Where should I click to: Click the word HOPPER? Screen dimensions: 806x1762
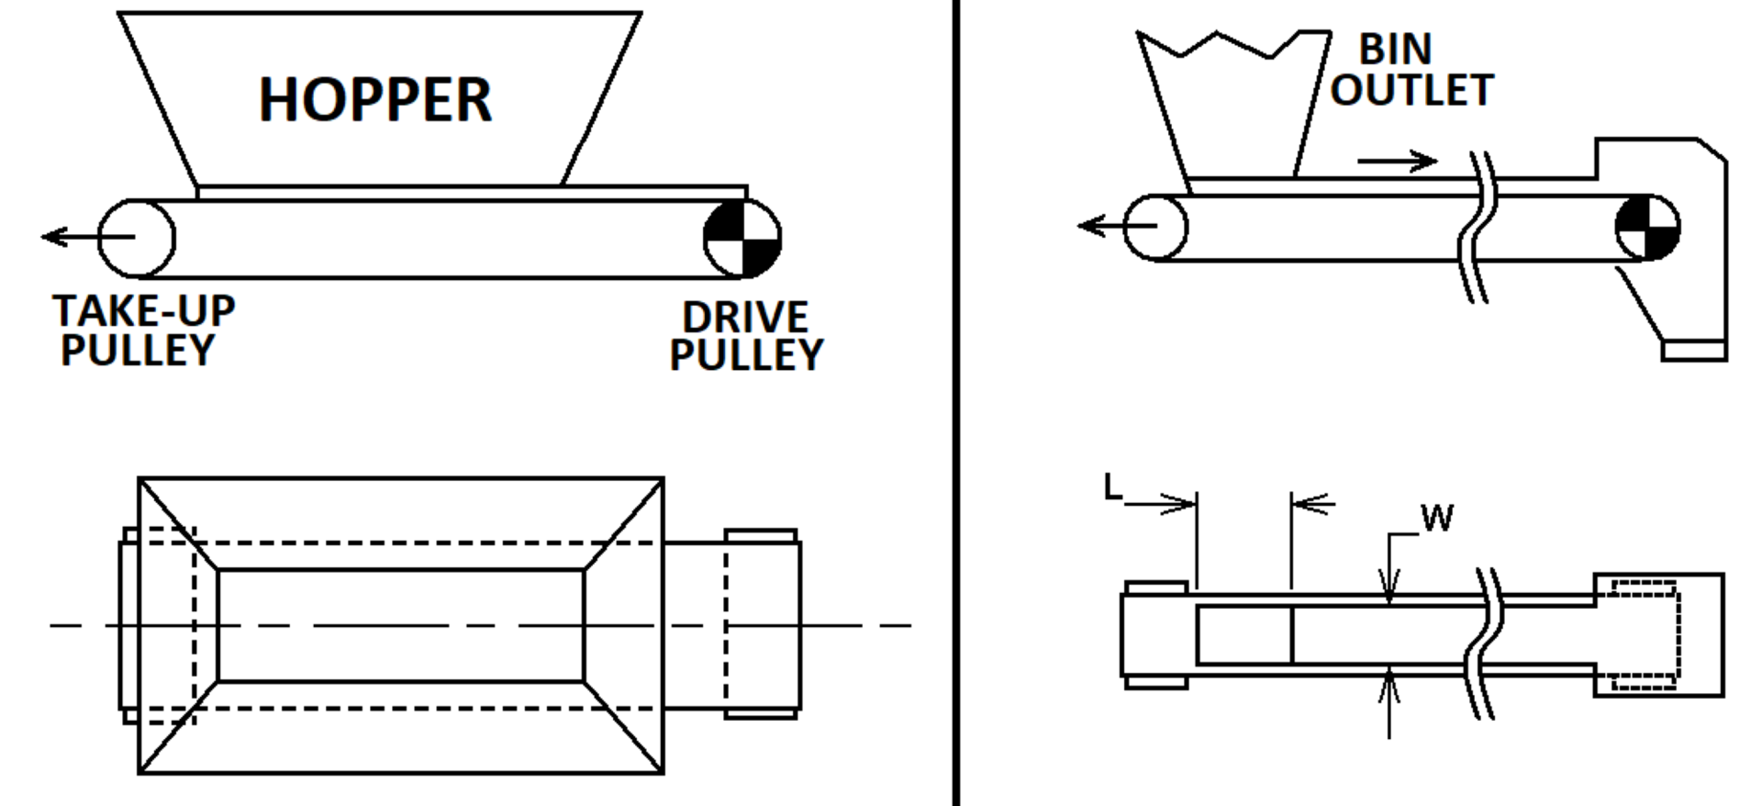375,100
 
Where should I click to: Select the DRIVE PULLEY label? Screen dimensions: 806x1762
746,336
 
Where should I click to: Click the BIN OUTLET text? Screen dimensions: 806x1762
1411,70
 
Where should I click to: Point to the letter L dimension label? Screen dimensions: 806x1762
1112,487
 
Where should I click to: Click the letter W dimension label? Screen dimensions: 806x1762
1437,519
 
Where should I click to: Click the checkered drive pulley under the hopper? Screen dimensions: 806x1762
742,238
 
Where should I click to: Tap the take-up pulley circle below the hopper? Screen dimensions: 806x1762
136,238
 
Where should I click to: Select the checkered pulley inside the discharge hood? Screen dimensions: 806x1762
1646,227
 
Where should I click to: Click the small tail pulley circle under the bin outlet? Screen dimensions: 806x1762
1155,227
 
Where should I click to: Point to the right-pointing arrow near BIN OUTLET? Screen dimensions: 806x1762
1397,162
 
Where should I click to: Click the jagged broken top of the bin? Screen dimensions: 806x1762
1230,44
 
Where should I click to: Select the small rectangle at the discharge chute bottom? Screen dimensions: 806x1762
1694,351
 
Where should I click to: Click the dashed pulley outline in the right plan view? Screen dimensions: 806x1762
1645,634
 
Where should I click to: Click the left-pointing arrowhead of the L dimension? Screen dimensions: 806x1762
1310,503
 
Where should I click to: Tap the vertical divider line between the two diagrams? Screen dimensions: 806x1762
955,403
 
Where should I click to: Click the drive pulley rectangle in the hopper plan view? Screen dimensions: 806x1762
762,624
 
